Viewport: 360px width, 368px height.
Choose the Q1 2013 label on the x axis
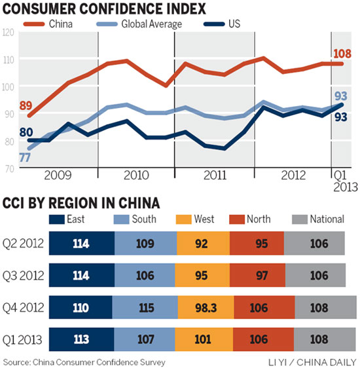tap(340, 181)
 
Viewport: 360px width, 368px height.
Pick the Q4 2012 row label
tap(23, 306)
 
